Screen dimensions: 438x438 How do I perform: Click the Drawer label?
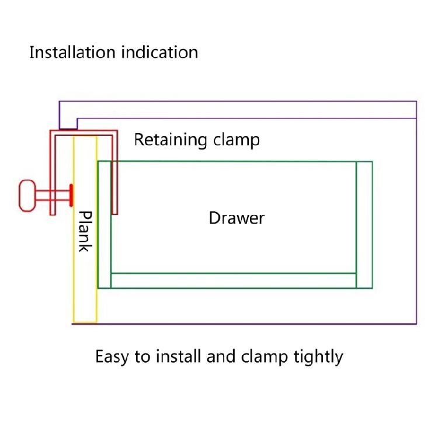click(x=237, y=218)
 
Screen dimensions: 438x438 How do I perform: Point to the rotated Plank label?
click(x=85, y=231)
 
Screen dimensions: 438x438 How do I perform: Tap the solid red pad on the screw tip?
click(x=71, y=195)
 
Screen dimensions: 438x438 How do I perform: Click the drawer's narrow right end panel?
click(x=364, y=225)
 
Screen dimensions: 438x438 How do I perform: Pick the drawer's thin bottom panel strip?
click(x=234, y=280)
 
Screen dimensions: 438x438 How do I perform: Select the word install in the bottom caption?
click(x=179, y=356)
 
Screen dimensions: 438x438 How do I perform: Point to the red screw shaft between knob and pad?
click(x=56, y=195)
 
